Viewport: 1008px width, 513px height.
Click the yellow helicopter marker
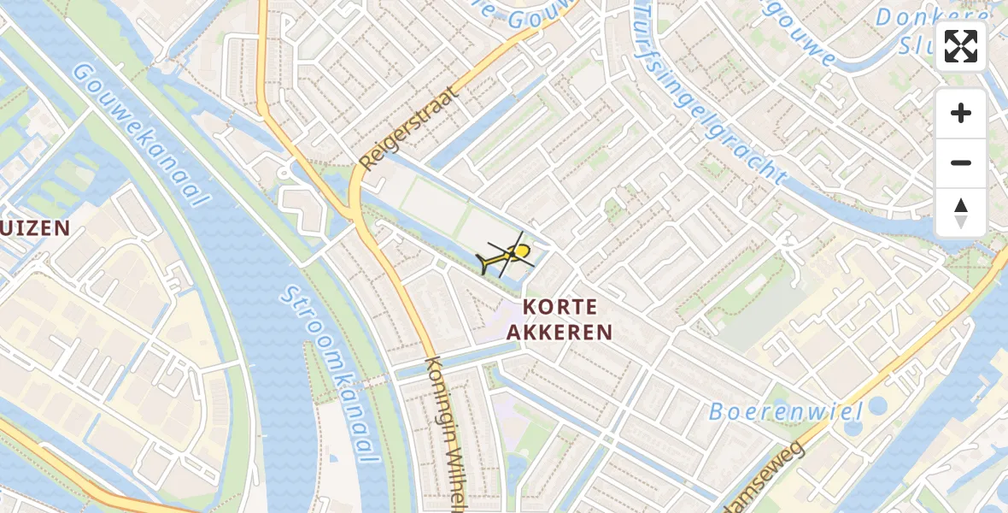click(511, 255)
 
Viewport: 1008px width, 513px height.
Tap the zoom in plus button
click(961, 113)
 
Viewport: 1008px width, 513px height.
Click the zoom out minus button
click(961, 162)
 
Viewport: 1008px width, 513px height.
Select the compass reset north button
click(961, 212)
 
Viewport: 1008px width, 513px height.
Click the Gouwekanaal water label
click(140, 133)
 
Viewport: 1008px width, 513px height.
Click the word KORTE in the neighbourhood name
click(560, 307)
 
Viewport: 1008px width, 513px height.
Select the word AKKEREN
click(560, 333)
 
